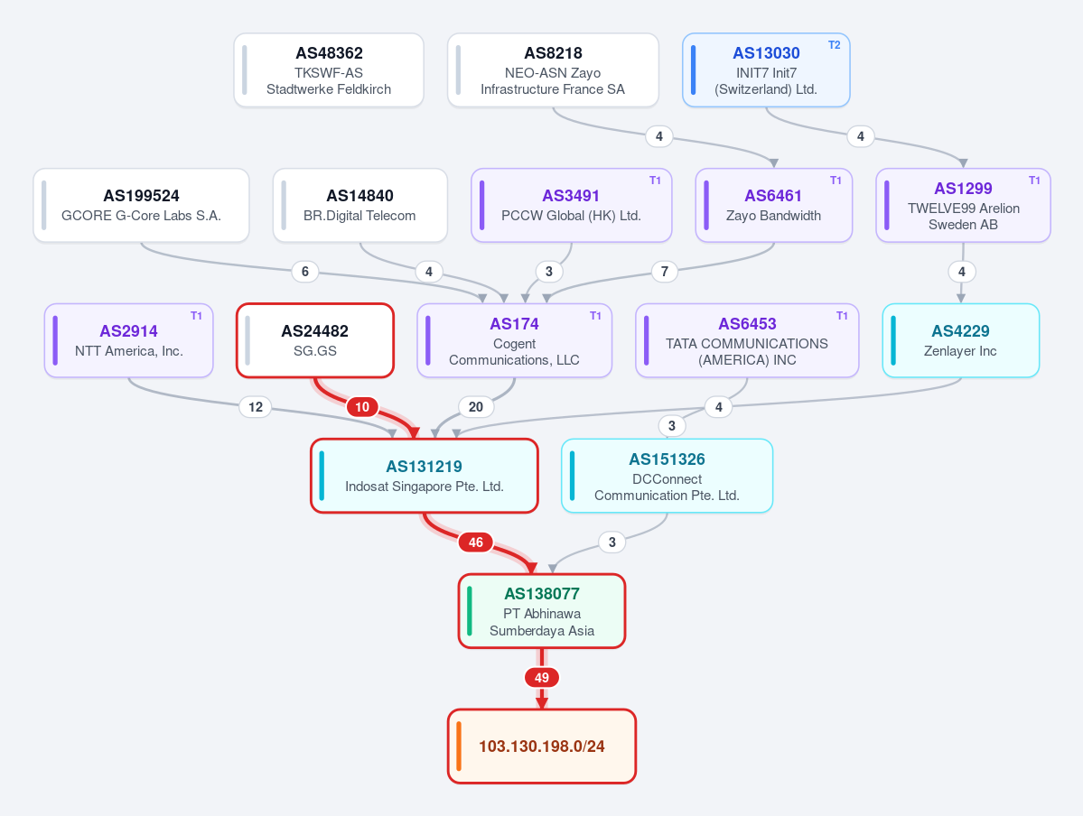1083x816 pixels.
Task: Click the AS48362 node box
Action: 329,70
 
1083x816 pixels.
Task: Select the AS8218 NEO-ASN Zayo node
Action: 553,70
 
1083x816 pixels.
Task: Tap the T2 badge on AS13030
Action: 835,45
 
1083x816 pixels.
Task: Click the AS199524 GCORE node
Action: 141,205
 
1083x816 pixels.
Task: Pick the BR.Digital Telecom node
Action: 359,205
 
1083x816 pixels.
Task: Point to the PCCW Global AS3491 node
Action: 571,205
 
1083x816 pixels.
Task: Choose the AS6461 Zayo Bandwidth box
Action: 773,205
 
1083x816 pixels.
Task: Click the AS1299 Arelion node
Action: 963,205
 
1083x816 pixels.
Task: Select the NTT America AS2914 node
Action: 128,340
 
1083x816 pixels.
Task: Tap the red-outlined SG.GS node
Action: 315,340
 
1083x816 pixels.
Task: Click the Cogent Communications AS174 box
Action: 515,340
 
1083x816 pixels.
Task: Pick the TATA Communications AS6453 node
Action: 747,340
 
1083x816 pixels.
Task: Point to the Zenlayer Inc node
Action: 961,340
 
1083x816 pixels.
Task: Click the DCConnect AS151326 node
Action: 668,476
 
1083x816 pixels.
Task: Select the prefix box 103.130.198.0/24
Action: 542,746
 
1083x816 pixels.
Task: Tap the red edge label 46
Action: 476,542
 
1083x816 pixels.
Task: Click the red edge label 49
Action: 542,678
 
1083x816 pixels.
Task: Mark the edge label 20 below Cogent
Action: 476,406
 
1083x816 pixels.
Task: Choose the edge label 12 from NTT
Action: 256,406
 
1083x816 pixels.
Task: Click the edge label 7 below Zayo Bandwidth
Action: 665,272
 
